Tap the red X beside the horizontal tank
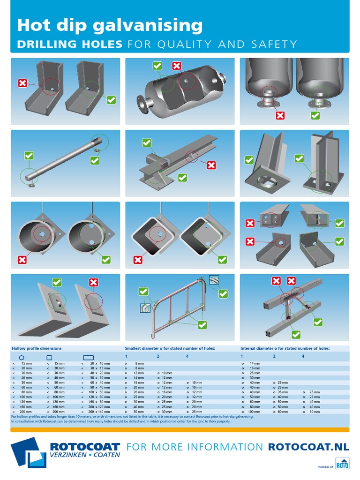pos(177,66)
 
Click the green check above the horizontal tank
pos(157,66)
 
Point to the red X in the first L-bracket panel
pos(22,83)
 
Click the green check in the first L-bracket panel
pos(111,99)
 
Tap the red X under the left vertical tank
pos(280,115)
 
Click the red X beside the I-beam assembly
pos(211,165)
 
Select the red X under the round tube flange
pos(22,259)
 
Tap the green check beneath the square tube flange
pos(222,259)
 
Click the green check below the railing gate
pos(202,324)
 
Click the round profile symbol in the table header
pos(21,357)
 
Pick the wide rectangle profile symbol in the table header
pos(89,357)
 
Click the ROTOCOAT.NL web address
pos(308,447)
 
